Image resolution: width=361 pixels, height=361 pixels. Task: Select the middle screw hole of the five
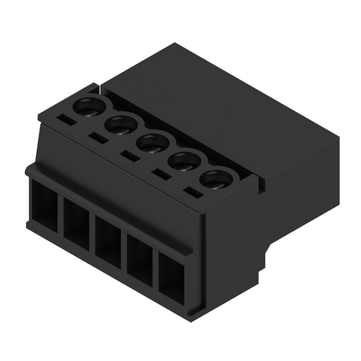152,142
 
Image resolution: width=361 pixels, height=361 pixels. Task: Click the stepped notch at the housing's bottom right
270,250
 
